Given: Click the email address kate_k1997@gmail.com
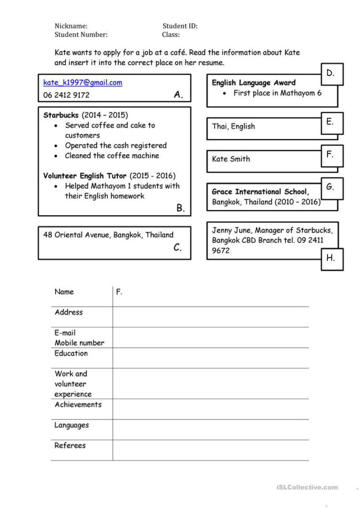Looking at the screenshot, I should [x=82, y=82].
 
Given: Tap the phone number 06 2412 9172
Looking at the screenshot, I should [x=66, y=95].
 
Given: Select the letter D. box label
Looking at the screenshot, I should [x=331, y=73].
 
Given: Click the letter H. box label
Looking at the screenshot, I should [x=331, y=258].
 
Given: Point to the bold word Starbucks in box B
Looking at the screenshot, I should [x=61, y=115].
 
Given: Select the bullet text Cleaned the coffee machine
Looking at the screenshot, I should [x=112, y=156].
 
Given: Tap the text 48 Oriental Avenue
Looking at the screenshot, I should [x=76, y=235].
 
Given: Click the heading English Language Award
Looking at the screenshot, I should [x=253, y=82].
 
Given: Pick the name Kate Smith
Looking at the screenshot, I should [x=231, y=159].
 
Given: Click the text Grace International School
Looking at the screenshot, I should [x=260, y=192].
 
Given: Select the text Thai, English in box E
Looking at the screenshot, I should [x=234, y=126].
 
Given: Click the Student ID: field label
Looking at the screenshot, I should [x=180, y=26].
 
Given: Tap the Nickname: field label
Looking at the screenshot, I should [x=71, y=26].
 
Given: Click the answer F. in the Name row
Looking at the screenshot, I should [x=119, y=292].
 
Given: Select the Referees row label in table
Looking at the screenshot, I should [x=70, y=446].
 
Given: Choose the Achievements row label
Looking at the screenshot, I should [x=78, y=405].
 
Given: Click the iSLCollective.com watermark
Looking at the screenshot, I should [x=307, y=487].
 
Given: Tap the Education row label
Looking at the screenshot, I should [x=71, y=353].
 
